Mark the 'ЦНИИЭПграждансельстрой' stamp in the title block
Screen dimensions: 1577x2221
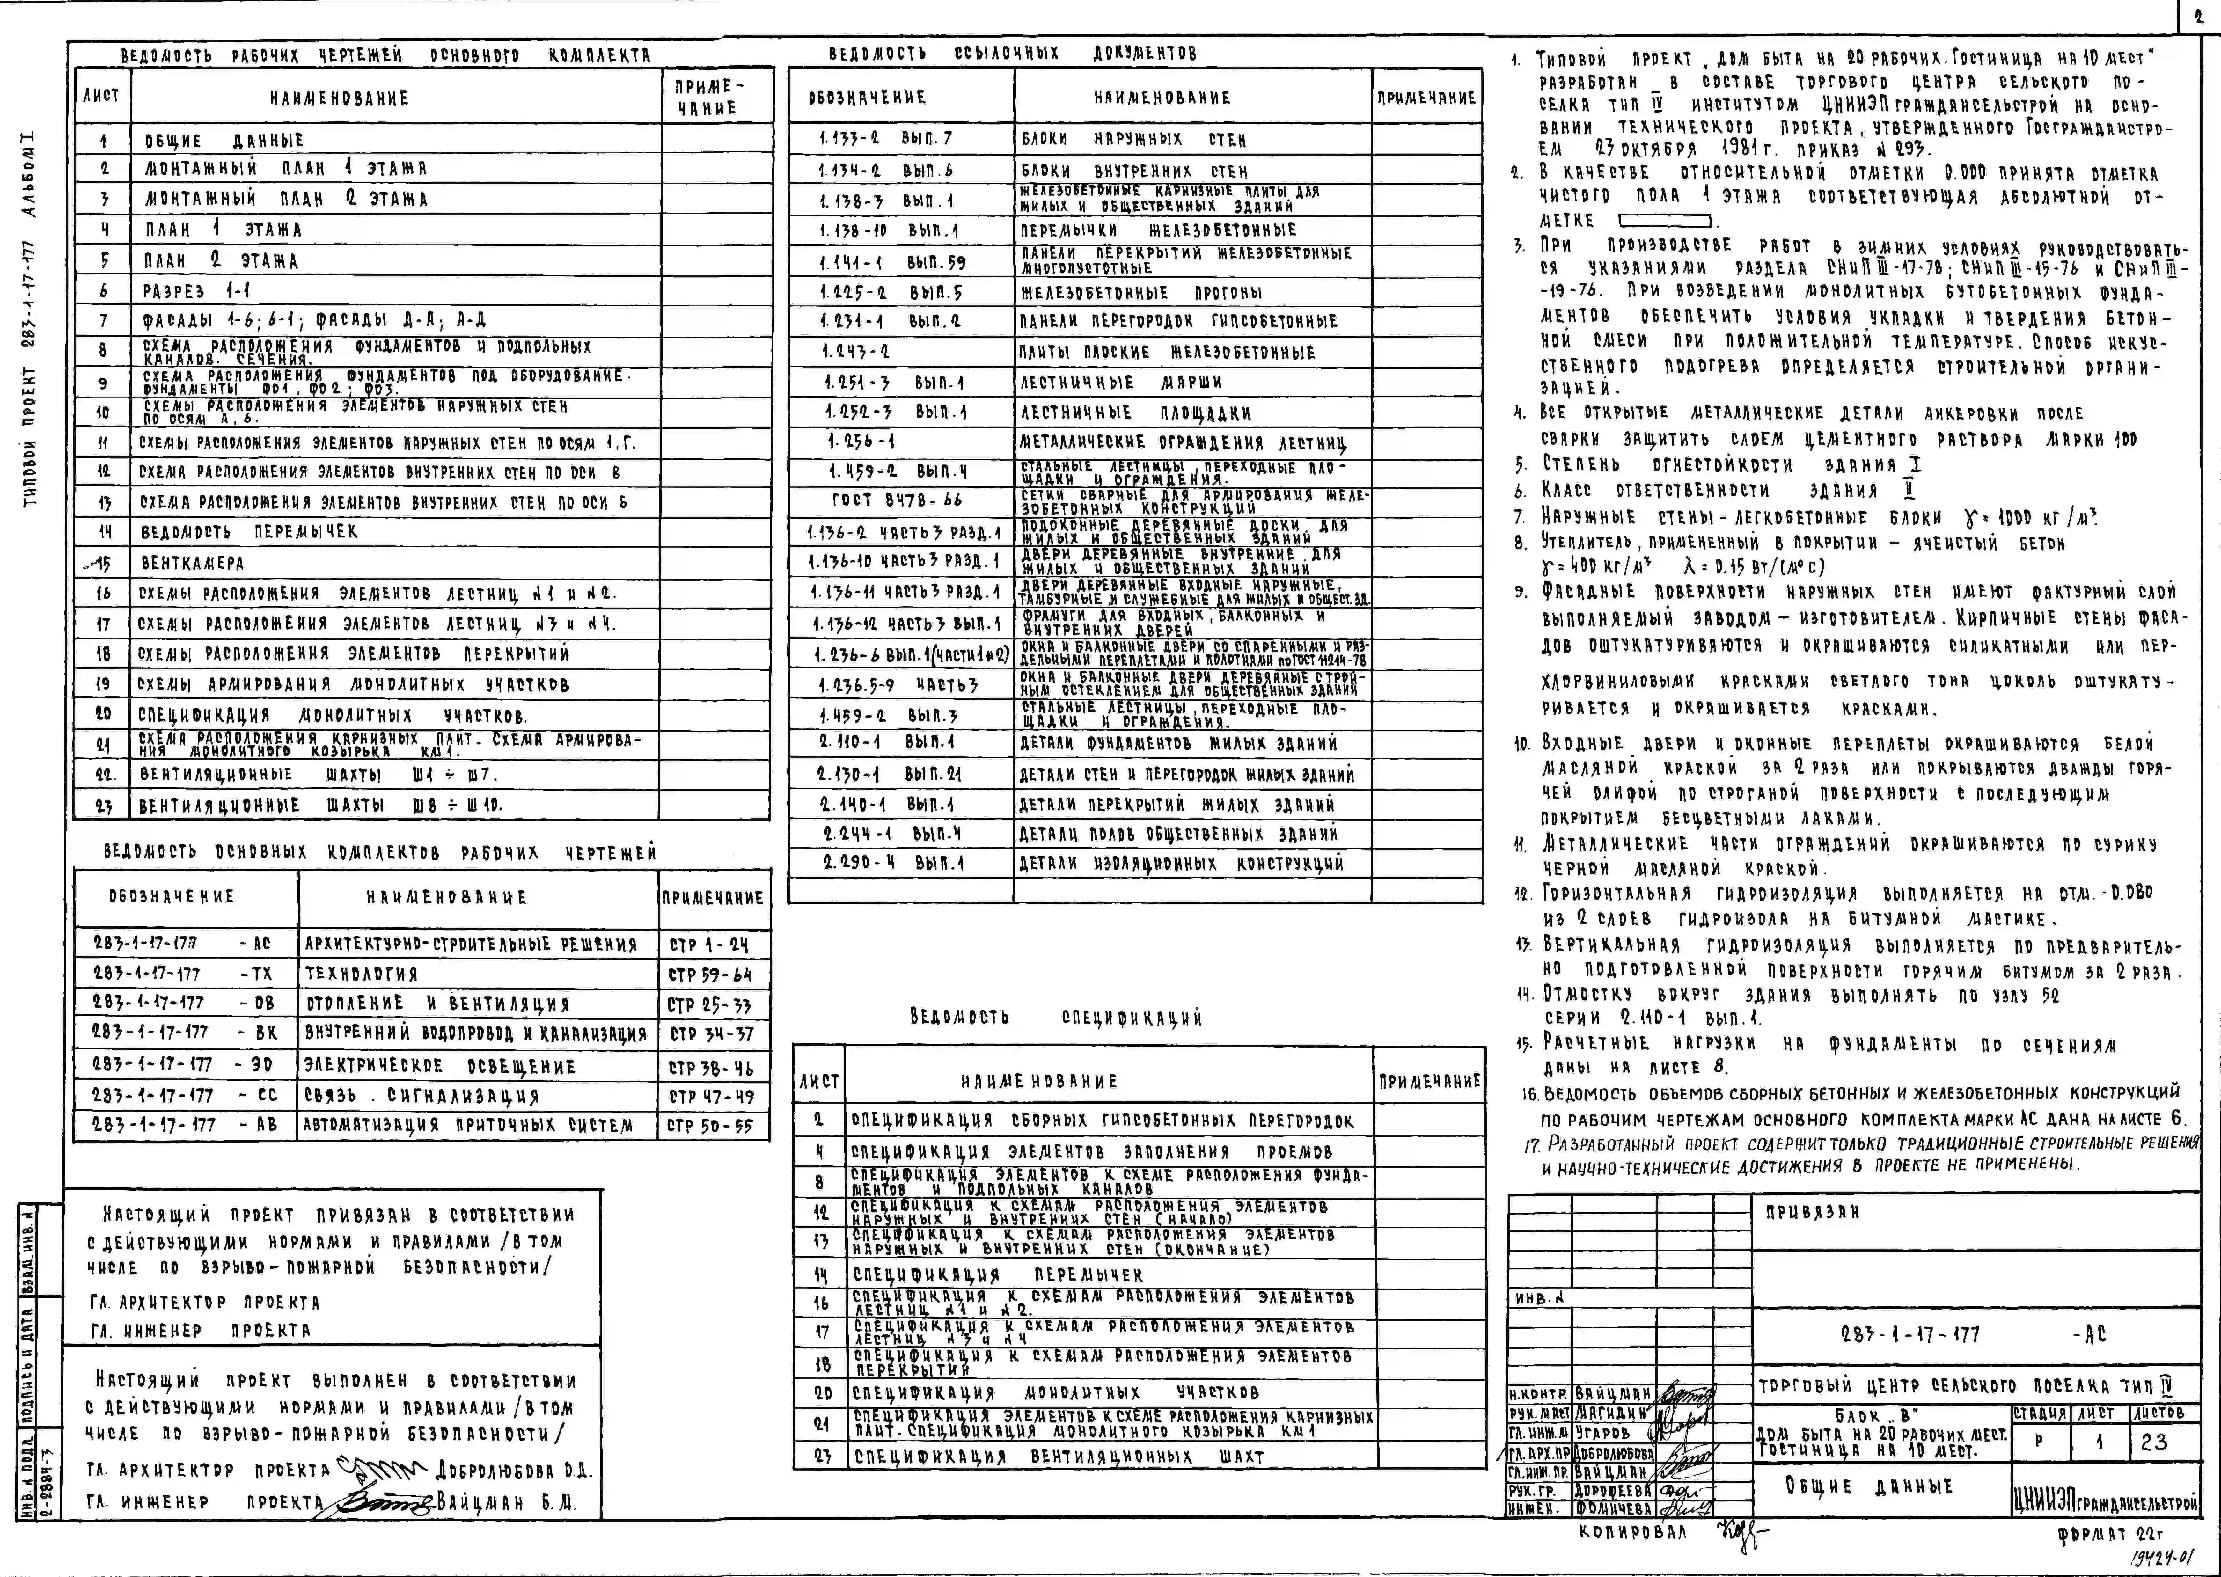(x=2104, y=1502)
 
